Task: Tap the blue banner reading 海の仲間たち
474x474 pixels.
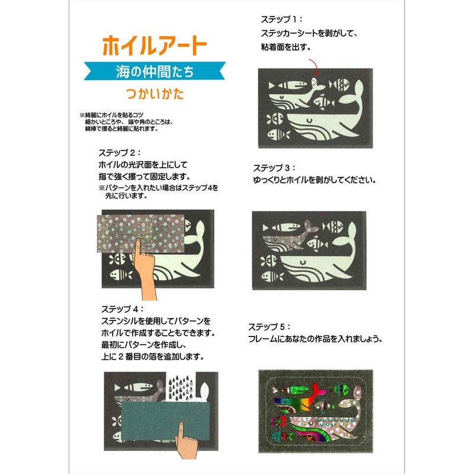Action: click(155, 72)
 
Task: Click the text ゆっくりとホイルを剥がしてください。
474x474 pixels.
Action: click(314, 179)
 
